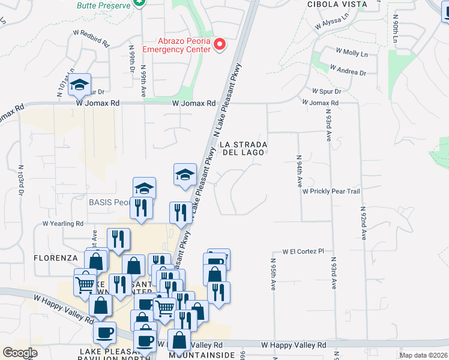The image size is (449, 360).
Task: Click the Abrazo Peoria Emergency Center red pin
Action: pyautogui.click(x=220, y=44)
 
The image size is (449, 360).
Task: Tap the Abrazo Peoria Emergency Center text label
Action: pyautogui.click(x=184, y=45)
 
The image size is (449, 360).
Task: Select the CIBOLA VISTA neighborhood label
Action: pyautogui.click(x=337, y=4)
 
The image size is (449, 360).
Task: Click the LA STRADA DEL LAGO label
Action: pyautogui.click(x=243, y=149)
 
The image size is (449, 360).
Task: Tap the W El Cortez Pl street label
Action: pyautogui.click(x=303, y=251)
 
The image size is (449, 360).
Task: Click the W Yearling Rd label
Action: pyautogui.click(x=62, y=224)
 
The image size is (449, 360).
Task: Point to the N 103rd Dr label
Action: pyautogui.click(x=21, y=179)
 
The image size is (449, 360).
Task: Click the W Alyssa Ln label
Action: pyautogui.click(x=331, y=23)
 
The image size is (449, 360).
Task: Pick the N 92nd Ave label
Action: pyautogui.click(x=363, y=223)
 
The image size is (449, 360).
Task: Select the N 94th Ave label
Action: pyautogui.click(x=299, y=172)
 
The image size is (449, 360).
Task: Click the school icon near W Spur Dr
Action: pyautogui.click(x=79, y=85)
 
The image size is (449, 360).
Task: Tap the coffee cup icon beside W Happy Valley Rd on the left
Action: pyautogui.click(x=104, y=333)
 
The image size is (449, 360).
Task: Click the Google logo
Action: pyautogui.click(x=20, y=353)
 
